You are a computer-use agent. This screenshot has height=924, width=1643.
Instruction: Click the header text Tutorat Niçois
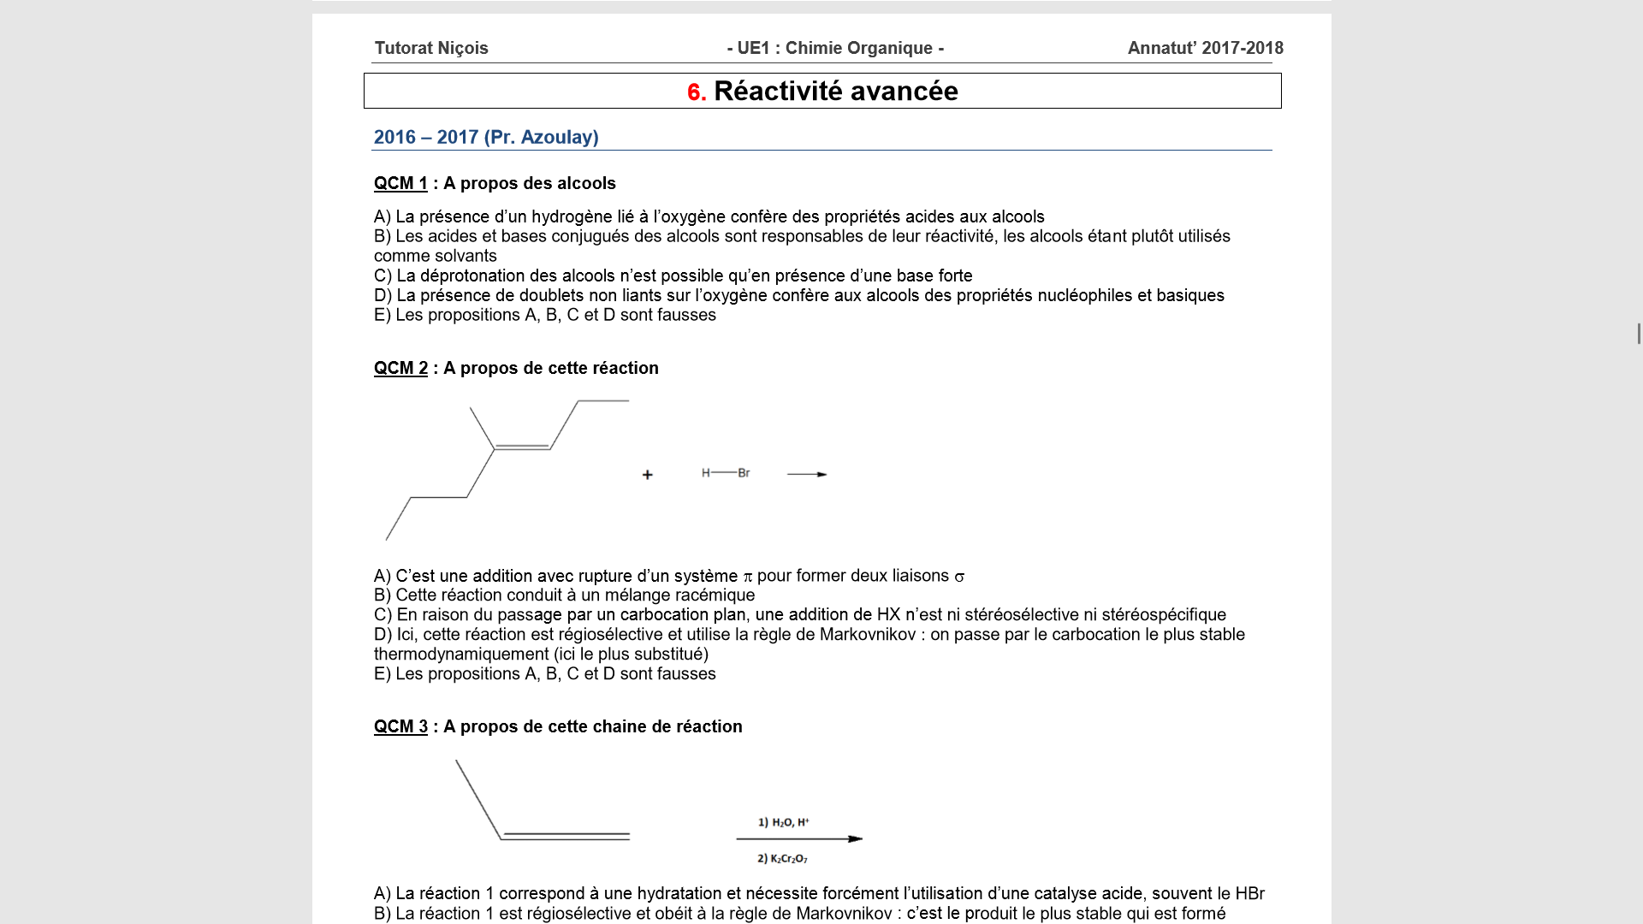coord(431,49)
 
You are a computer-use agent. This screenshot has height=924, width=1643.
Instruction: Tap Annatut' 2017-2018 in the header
coord(1205,49)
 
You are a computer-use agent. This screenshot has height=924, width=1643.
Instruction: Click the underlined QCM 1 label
coord(400,184)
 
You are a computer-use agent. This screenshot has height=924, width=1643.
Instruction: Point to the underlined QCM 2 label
coord(400,369)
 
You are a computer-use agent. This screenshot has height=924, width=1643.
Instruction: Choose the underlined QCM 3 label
coord(400,727)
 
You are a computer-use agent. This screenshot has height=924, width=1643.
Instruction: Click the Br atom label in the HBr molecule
coord(744,473)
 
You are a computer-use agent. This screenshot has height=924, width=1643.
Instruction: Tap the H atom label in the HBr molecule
coord(705,473)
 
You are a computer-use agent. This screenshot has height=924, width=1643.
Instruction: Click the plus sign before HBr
coord(648,475)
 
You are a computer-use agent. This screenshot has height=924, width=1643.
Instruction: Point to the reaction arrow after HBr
coord(807,474)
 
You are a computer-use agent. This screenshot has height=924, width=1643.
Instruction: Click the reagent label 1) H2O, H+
coord(783,823)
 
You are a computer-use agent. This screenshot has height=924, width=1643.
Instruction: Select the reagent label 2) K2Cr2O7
coord(782,859)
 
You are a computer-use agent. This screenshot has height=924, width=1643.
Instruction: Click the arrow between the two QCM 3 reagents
coord(799,839)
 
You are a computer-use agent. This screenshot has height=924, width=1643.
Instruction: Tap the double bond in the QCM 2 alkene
coord(522,447)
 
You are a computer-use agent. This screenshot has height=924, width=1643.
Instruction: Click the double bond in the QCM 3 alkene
coord(566,836)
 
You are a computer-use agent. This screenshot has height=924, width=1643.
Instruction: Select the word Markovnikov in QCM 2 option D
coord(867,635)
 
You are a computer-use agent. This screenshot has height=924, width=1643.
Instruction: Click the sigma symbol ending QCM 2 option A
coord(959,577)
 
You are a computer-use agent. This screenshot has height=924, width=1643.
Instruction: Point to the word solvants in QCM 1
coord(466,257)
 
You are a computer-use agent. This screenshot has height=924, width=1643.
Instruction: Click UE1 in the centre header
coord(753,49)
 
